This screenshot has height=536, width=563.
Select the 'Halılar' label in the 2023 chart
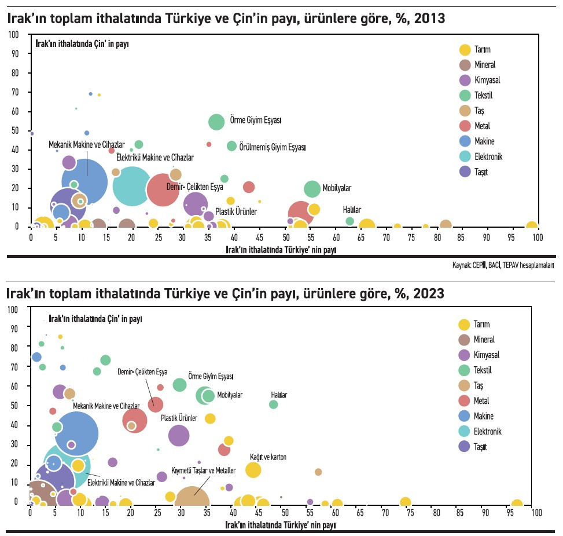[x=279, y=395]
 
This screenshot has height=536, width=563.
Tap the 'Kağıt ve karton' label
[x=268, y=457]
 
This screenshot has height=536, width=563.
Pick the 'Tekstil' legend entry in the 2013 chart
[x=483, y=95]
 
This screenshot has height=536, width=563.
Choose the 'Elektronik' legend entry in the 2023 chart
[x=487, y=432]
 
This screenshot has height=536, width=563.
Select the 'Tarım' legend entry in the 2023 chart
[x=482, y=324]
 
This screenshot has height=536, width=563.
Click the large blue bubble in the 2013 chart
[x=84, y=181]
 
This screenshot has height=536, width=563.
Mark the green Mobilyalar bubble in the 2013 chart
[x=312, y=188]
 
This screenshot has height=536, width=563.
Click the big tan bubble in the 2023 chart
[x=193, y=499]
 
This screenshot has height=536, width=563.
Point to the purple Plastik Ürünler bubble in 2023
[x=179, y=436]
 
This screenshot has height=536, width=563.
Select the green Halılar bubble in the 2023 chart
[x=274, y=404]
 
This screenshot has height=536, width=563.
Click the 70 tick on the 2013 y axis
[x=16, y=92]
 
